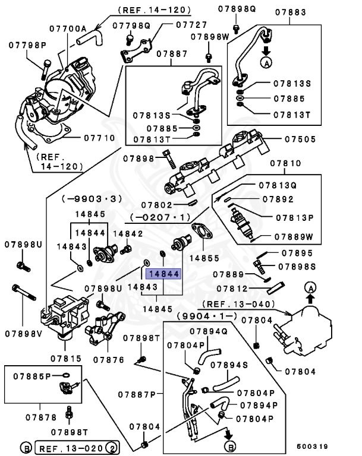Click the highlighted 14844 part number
click(x=163, y=274)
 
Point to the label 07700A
click(x=68, y=29)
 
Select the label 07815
click(x=67, y=358)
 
